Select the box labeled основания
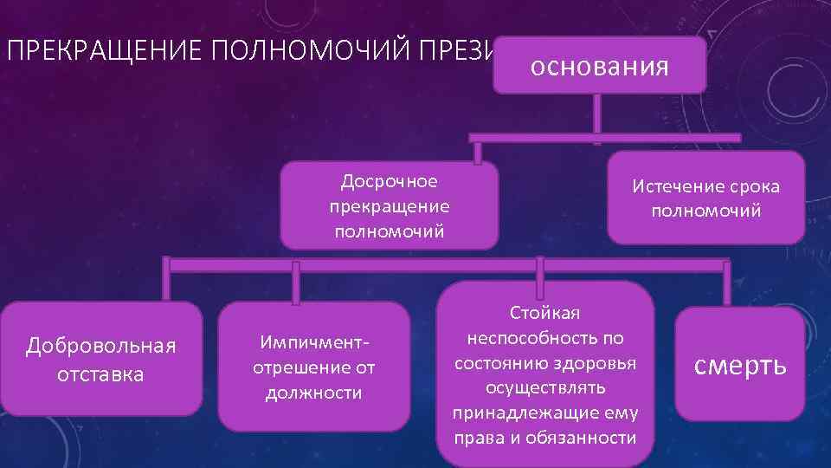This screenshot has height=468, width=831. point(599,66)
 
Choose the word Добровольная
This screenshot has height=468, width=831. point(101,347)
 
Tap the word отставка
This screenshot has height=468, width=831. point(101,374)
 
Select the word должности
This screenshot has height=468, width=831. point(312,393)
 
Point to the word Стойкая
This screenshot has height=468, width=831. point(544,312)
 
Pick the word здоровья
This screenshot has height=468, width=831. point(598,362)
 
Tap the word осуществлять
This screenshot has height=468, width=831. point(544,387)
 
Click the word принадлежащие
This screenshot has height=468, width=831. point(519,413)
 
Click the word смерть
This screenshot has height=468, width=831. point(741,365)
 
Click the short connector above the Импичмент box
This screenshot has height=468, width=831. point(296,285)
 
